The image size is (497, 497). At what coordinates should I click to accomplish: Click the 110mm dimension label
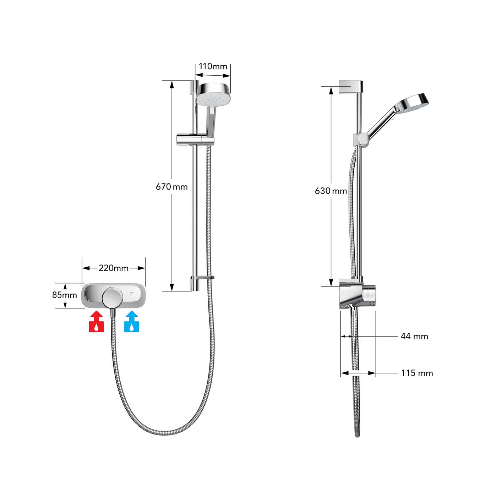coord(213,66)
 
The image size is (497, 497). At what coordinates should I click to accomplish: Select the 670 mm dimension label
coord(172,186)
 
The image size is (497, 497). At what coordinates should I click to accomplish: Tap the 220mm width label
coord(114,268)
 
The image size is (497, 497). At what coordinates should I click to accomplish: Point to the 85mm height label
coord(64,295)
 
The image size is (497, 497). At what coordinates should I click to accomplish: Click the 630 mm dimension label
coord(331,191)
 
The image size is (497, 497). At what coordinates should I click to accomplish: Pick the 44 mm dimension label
coord(414,336)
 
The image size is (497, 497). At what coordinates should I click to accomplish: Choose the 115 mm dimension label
coord(417,373)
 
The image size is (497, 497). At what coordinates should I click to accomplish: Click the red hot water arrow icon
coord(96,322)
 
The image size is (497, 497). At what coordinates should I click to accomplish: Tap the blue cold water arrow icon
coord(132,322)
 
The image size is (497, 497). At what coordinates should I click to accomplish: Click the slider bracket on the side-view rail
coord(360,139)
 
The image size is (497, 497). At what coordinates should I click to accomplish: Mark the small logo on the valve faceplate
coord(131,293)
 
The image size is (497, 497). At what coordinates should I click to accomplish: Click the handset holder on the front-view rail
coord(195,140)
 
